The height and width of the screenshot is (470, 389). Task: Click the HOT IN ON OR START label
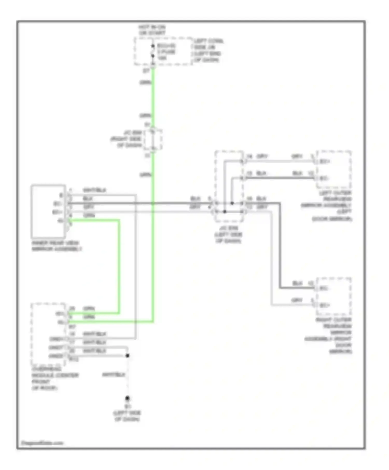click(152, 30)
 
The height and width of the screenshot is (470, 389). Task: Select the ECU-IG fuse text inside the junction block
click(166, 52)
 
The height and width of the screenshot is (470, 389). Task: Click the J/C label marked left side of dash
click(228, 234)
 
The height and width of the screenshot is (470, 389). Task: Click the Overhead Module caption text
click(55, 378)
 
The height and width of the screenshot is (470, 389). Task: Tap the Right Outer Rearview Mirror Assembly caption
click(329, 335)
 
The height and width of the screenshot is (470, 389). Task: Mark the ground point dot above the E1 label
click(127, 398)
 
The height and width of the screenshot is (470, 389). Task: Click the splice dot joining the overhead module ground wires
click(127, 355)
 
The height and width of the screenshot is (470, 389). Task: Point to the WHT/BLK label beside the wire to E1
click(114, 375)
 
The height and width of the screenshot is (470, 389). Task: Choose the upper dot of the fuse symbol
click(153, 46)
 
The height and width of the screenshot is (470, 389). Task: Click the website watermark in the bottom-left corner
click(42, 443)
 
